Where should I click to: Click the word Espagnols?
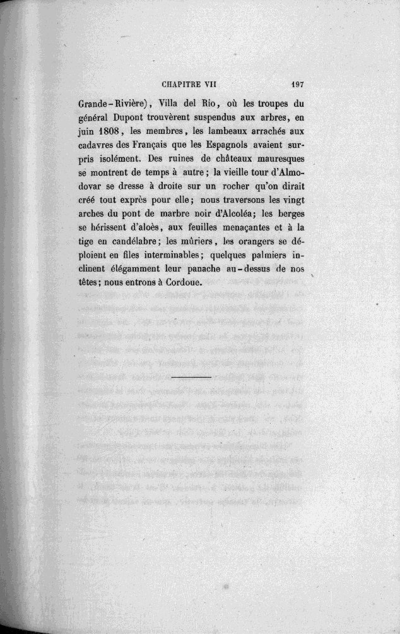click(224, 144)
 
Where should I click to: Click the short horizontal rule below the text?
click(191, 377)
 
